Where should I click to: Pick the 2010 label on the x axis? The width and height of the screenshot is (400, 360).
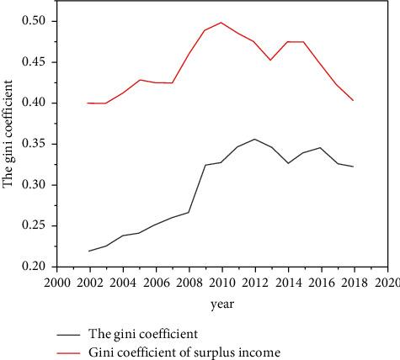click(x=221, y=282)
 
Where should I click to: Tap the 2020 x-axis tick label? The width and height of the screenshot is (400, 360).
click(x=387, y=282)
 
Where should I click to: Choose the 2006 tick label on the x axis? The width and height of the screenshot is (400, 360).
click(x=156, y=282)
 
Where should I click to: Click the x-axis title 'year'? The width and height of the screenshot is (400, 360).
click(x=223, y=303)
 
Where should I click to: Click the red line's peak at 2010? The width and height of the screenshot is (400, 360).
click(x=221, y=23)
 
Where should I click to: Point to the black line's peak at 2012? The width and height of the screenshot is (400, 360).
click(x=254, y=139)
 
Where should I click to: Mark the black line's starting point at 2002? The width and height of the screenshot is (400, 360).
click(x=89, y=251)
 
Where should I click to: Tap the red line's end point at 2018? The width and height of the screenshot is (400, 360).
click(x=353, y=100)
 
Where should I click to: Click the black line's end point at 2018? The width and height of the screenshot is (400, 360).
click(x=353, y=167)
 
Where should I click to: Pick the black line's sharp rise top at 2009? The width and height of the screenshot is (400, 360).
click(x=205, y=165)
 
